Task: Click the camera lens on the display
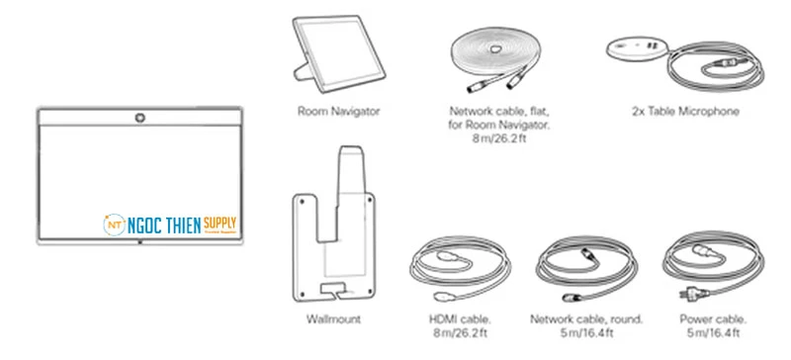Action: click(x=139, y=119)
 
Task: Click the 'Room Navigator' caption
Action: click(x=338, y=112)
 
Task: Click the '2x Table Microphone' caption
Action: click(x=685, y=112)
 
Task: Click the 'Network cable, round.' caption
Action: click(x=586, y=320)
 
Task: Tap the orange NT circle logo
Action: click(x=113, y=225)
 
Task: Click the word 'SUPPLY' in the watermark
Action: click(x=220, y=223)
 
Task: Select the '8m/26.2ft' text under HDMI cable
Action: click(x=456, y=334)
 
